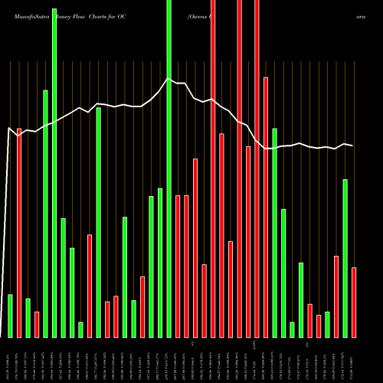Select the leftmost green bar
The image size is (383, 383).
pyautogui.click(x=10, y=316)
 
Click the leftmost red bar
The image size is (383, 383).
pyautogui.click(x=19, y=233)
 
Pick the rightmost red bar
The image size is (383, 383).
pyautogui.click(x=354, y=302)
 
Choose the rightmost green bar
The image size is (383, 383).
pyautogui.click(x=345, y=258)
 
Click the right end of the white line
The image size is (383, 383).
pyautogui.click(x=353, y=146)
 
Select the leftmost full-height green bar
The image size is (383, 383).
pyautogui.click(x=54, y=169)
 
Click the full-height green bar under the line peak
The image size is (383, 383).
pyautogui.click(x=169, y=169)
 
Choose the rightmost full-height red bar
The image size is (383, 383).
pyautogui.click(x=240, y=169)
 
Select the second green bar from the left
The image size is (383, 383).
pyautogui.click(x=28, y=318)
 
